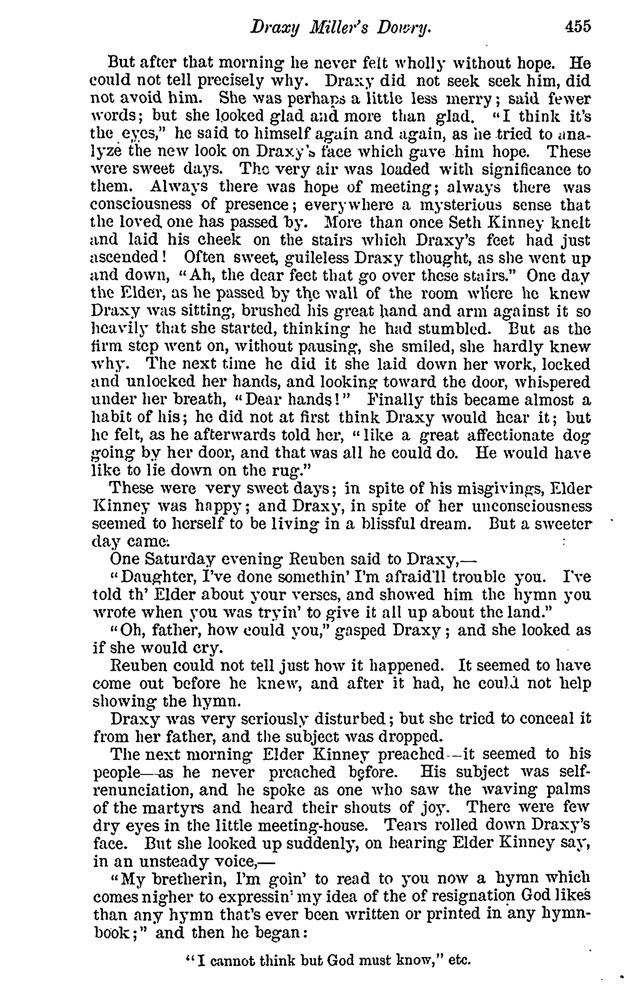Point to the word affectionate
point(510,435)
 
